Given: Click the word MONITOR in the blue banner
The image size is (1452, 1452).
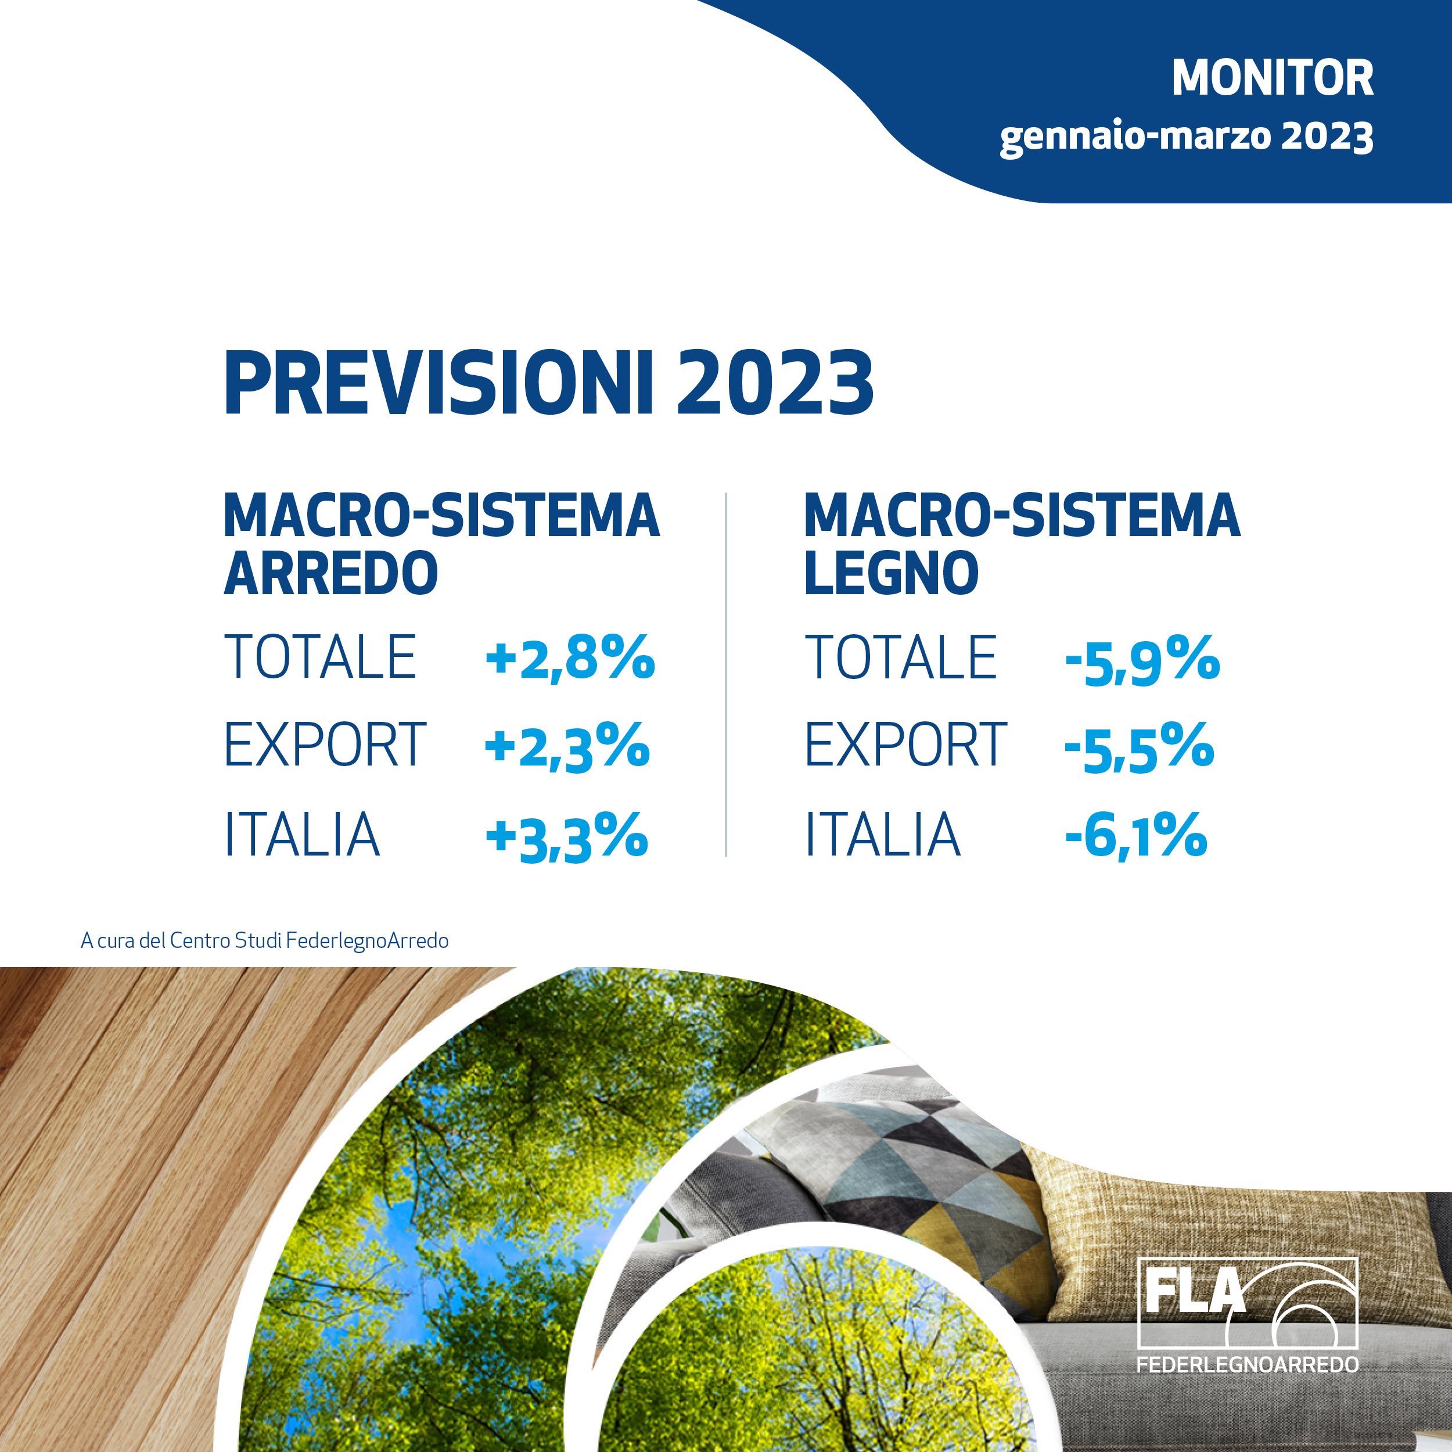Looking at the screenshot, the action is click(x=1273, y=78).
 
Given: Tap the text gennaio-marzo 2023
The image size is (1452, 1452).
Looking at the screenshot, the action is click(x=1187, y=138).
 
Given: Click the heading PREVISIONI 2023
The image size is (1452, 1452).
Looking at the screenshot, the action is click(x=549, y=383).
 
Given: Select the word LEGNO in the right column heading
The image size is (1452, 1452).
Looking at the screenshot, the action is click(x=892, y=573).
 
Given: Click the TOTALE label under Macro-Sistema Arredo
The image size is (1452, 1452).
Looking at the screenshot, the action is click(x=320, y=657).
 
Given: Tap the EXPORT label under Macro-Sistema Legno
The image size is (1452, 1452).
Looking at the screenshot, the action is click(x=905, y=745).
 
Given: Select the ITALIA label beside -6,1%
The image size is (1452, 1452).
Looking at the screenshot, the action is click(x=883, y=833).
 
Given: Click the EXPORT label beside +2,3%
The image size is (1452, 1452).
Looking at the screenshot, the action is click(x=325, y=745).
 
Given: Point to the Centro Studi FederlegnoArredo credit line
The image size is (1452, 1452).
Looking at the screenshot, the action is click(x=264, y=941).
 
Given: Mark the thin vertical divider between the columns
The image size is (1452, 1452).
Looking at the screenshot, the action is click(x=726, y=675).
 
